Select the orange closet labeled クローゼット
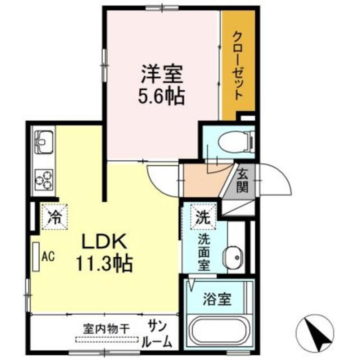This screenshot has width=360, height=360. (238, 65)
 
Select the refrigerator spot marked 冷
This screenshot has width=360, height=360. (54, 217)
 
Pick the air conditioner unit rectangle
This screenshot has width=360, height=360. (36, 256)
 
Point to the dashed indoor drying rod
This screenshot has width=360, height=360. (107, 339)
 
